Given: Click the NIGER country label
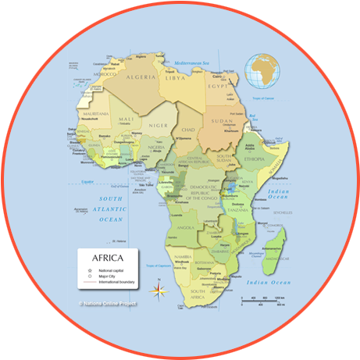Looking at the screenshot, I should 159,125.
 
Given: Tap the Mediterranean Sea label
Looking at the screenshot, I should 194,62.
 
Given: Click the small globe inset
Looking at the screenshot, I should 262,70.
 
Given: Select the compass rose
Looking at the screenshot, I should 159,290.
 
